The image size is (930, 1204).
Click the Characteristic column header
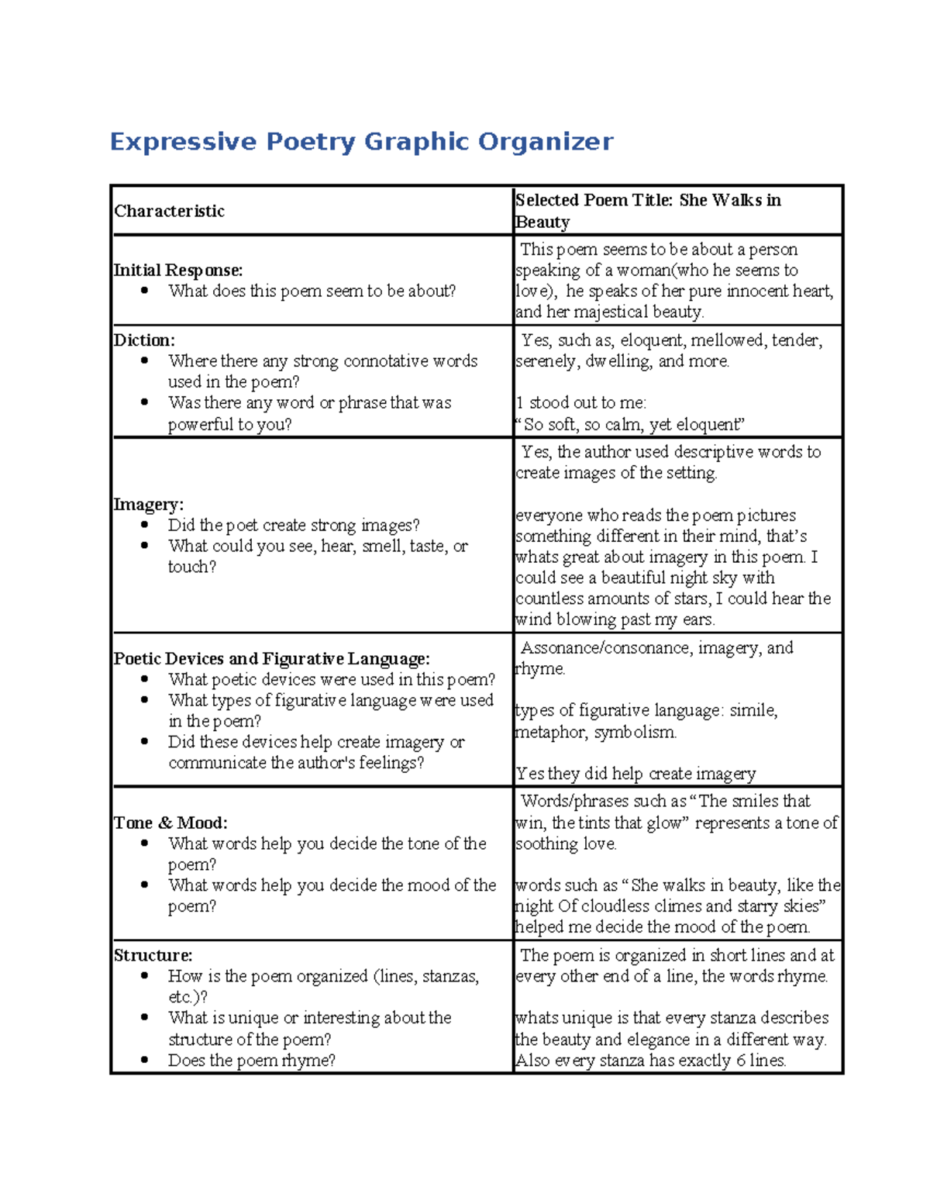click(169, 211)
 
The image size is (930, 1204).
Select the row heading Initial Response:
click(177, 270)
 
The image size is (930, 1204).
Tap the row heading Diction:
click(144, 340)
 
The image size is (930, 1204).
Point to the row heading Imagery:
click(148, 504)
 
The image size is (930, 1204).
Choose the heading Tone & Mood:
click(170, 823)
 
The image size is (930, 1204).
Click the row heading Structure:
click(153, 955)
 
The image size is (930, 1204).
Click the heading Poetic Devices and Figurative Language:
click(271, 658)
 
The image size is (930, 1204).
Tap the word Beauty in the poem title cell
click(542, 223)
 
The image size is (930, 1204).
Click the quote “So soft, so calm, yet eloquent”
click(629, 424)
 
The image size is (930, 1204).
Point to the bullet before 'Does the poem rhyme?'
click(145, 1060)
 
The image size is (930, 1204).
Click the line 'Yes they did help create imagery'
click(635, 774)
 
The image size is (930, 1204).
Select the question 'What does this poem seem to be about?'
click(312, 291)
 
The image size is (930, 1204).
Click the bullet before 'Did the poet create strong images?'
click(145, 525)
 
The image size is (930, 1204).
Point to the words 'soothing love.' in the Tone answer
click(566, 843)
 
